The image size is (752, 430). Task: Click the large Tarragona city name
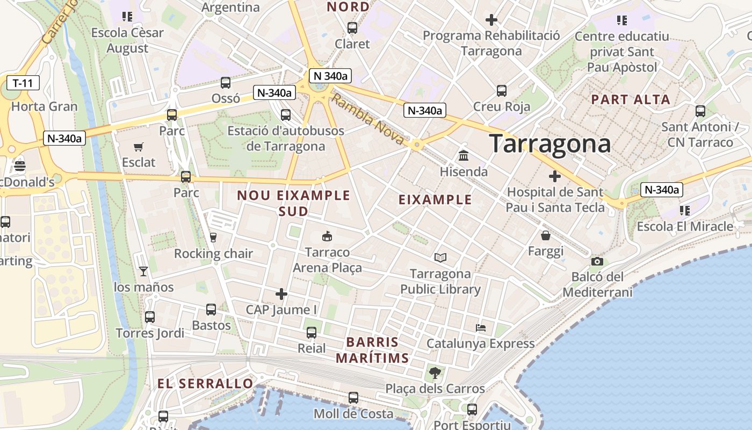click(x=550, y=144)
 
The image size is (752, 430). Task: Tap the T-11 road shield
click(x=23, y=83)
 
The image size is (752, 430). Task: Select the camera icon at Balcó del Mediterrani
click(x=597, y=261)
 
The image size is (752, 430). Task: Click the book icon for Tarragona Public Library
click(x=440, y=258)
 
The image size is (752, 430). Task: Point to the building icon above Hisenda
click(x=463, y=156)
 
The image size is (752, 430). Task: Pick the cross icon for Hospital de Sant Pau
click(x=555, y=176)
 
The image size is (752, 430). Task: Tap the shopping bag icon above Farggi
click(x=546, y=235)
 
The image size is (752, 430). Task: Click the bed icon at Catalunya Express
click(x=481, y=327)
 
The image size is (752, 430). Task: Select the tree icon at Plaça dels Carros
click(x=435, y=372)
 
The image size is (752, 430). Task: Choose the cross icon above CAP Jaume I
click(x=281, y=294)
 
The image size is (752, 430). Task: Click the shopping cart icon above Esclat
click(x=139, y=147)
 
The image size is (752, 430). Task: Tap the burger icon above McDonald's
click(x=20, y=166)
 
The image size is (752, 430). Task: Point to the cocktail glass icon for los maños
click(x=143, y=271)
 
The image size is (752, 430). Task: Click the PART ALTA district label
click(x=631, y=99)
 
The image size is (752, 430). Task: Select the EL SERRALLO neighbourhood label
click(x=205, y=383)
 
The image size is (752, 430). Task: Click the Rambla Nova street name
click(x=367, y=119)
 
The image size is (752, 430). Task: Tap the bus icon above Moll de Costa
click(x=353, y=398)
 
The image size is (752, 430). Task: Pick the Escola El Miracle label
click(x=685, y=226)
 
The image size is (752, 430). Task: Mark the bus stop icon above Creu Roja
click(x=502, y=90)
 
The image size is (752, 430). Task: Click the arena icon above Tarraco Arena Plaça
click(x=327, y=236)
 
